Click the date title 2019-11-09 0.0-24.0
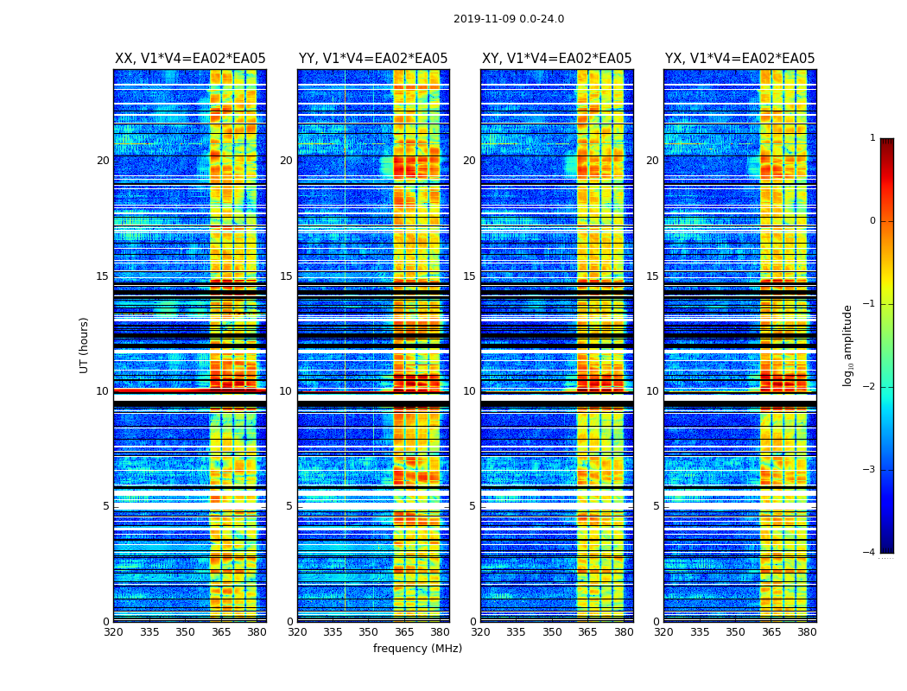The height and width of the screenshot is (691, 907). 509,19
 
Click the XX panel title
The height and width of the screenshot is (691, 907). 190,59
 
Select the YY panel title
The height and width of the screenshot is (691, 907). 373,59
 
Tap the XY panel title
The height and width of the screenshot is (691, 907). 556,59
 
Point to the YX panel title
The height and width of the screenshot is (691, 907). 739,59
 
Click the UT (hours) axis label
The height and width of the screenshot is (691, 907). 85,345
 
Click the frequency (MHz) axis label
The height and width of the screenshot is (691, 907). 417,649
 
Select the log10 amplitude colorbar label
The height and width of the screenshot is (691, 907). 848,345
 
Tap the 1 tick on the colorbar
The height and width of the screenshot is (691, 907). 872,138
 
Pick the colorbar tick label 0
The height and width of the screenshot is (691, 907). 872,221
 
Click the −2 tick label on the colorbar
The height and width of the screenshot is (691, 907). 871,387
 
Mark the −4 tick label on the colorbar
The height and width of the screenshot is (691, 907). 871,553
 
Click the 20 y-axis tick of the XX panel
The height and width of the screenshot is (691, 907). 103,161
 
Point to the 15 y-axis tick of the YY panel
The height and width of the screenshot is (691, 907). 286,276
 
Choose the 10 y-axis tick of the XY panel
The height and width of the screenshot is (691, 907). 469,391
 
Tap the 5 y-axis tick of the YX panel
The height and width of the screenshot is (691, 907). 656,506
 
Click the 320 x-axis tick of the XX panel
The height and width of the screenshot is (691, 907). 113,632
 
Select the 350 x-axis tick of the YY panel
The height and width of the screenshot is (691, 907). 369,632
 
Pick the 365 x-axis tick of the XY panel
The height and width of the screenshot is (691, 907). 587,632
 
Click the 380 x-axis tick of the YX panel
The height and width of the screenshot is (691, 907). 807,632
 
